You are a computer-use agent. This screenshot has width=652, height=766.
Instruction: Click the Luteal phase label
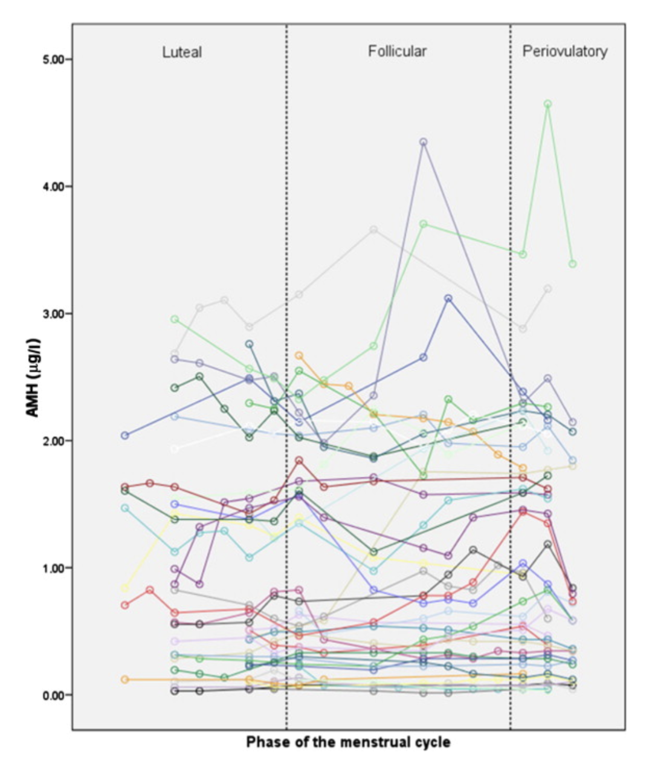(182, 52)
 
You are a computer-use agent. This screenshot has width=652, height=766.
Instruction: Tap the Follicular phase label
(397, 51)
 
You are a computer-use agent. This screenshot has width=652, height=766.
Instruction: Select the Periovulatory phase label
(564, 51)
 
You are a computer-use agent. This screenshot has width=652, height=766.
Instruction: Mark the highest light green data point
(547, 104)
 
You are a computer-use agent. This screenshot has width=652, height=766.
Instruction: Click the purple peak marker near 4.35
(424, 142)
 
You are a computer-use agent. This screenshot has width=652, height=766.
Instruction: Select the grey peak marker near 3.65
(373, 230)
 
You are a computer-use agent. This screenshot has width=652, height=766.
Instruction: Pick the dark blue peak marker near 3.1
(448, 299)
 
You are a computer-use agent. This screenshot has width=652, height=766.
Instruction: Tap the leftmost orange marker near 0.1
(125, 680)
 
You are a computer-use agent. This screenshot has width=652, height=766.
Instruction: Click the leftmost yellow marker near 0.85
(125, 588)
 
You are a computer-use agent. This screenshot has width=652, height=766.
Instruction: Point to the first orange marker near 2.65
(299, 355)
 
